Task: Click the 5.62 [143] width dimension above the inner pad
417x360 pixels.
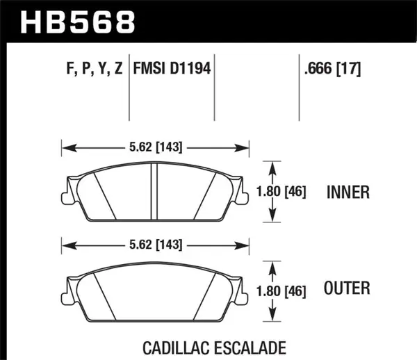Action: coord(156,147)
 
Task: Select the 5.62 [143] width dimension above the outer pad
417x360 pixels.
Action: coord(156,243)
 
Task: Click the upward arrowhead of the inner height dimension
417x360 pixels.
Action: coord(268,165)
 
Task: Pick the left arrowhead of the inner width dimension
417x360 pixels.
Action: coord(65,147)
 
